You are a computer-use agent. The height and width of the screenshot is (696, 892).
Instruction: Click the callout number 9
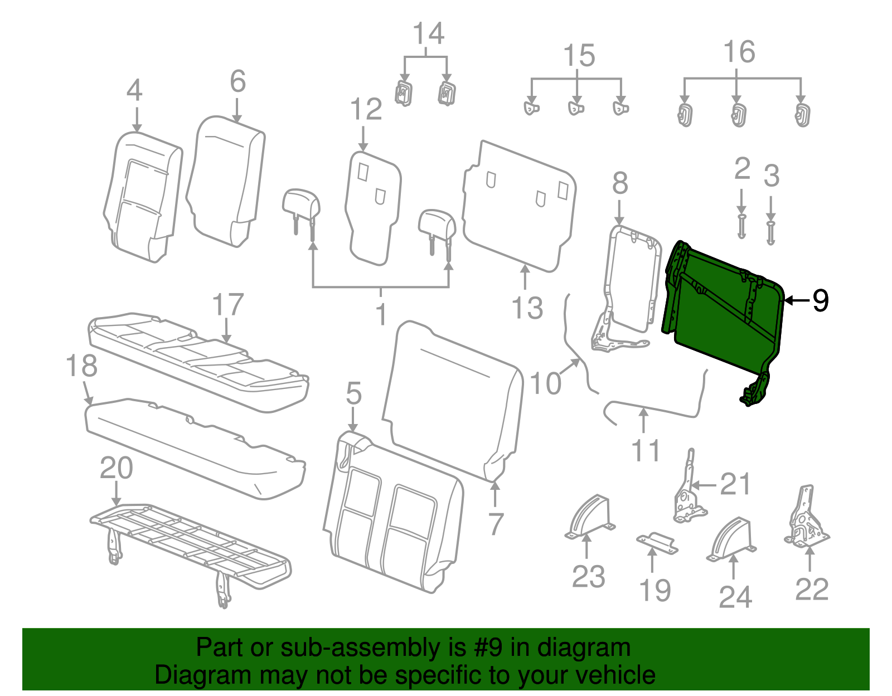tap(820, 300)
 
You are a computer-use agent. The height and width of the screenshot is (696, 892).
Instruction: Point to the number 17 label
tap(227, 305)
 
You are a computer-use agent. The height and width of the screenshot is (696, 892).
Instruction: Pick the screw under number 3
tap(770, 232)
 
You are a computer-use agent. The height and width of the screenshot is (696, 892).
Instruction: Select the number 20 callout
tap(116, 468)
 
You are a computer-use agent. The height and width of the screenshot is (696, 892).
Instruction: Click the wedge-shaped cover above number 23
tap(591, 515)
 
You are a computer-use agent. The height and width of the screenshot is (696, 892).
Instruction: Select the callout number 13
tap(527, 308)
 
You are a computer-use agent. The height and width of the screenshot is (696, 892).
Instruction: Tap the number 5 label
tap(353, 393)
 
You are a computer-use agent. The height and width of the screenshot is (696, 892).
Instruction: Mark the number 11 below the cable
tap(646, 450)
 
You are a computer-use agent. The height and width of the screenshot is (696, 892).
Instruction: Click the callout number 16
tap(739, 52)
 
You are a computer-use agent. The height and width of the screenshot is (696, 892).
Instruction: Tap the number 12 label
tap(366, 109)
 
